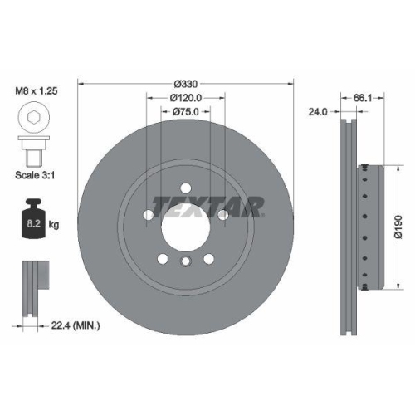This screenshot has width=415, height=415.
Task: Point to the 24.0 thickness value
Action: pyautogui.click(x=318, y=110)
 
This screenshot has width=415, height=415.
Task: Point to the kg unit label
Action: pyautogui.click(x=52, y=223)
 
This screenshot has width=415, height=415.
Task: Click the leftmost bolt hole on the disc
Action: pyautogui.click(x=149, y=215)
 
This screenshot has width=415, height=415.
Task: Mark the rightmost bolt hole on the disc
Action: pyautogui.click(x=222, y=215)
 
